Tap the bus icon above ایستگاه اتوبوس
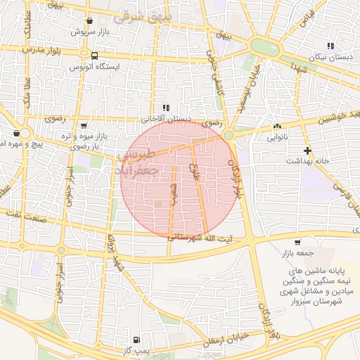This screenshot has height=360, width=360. click(x=94, y=55)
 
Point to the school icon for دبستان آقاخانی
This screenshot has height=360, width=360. click(x=166, y=108)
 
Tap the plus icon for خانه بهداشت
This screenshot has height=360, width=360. click(x=307, y=150)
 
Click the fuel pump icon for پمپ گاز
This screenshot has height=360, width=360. click(x=136, y=339)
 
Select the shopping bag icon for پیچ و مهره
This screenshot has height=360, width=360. click(x=16, y=132)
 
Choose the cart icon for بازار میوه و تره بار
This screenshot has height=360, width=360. click(x=84, y=125)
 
